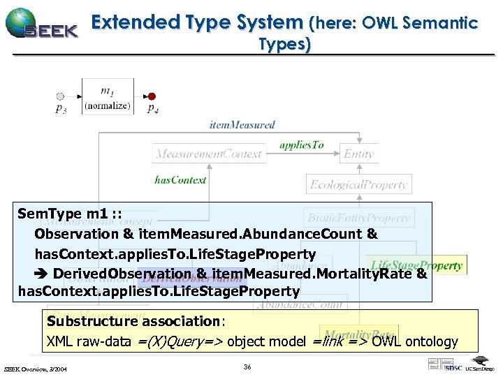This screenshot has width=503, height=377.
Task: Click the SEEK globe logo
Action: tap(21, 23)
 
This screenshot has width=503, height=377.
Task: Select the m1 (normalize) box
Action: tap(107, 98)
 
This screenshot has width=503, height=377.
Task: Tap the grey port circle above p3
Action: tap(60, 96)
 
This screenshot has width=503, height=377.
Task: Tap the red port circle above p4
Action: tap(152, 96)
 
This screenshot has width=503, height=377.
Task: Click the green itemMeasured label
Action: tap(242, 125)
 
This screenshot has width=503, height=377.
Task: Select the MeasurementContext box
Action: tap(208, 154)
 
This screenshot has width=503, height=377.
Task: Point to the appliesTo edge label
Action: tap(301, 145)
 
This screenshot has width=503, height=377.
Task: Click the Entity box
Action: tap(358, 154)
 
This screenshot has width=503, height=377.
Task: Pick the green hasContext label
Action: tap(180, 180)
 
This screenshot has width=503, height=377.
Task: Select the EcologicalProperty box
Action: tap(358, 185)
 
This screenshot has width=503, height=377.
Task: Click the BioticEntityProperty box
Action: tap(358, 218)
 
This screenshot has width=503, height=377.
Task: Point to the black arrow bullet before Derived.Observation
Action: tap(42, 273)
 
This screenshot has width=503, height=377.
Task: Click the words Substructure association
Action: tap(133, 321)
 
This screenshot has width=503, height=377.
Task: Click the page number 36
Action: tap(247, 367)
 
